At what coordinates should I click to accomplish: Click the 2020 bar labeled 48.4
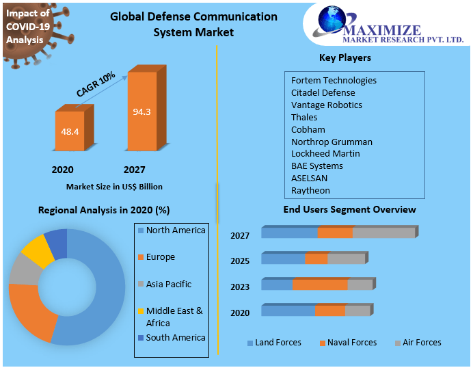(70, 131)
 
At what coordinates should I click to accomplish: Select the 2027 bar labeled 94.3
(141, 111)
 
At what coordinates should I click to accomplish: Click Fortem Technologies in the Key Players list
(334, 81)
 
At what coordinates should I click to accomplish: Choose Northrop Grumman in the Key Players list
(332, 142)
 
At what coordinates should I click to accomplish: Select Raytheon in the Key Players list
(310, 191)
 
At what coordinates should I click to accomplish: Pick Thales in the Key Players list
(304, 118)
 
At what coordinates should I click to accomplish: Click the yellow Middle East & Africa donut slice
(38, 251)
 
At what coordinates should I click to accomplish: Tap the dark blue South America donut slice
(57, 242)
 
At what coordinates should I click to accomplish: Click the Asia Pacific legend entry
(168, 284)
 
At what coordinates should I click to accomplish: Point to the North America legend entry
(175, 230)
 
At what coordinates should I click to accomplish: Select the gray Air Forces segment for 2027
(383, 233)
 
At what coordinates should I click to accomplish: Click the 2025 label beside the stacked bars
(240, 261)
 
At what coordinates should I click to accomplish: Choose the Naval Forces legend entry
(351, 343)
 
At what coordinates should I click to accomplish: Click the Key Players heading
(345, 58)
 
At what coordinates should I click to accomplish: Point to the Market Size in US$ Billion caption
(114, 186)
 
